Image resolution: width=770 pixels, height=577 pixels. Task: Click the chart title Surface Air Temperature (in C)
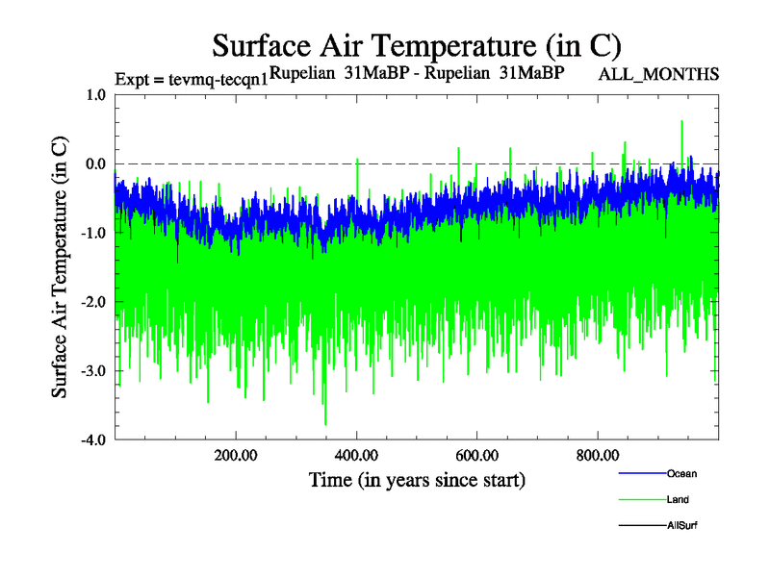click(417, 44)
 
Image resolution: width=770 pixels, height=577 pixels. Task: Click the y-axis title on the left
click(60, 268)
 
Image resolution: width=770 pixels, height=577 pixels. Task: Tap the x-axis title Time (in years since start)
click(417, 479)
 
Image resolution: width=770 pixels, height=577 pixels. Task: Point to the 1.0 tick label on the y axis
click(95, 94)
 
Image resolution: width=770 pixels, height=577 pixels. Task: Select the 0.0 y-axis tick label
click(95, 163)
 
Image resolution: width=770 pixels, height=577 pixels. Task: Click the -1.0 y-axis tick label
click(93, 233)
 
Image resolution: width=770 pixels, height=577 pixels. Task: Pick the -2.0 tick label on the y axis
click(93, 302)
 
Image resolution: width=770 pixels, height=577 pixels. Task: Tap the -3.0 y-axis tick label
click(93, 371)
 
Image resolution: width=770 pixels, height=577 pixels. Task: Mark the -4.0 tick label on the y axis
click(93, 440)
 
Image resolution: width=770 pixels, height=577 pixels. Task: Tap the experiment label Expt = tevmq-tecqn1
click(191, 78)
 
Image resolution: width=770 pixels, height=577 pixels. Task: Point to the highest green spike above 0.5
click(681, 122)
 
